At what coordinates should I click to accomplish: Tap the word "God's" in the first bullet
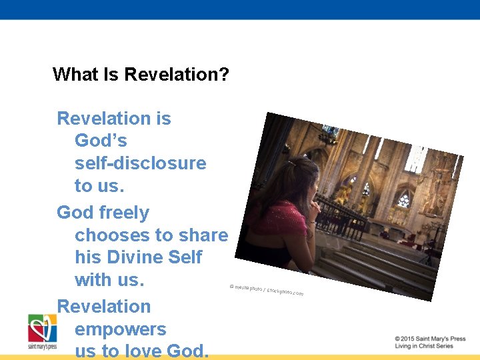point(101,141)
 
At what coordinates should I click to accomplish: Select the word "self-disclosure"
point(140,163)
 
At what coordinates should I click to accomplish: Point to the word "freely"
point(124,213)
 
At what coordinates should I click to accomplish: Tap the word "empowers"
point(120,329)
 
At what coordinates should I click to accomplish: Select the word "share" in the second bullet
point(202,235)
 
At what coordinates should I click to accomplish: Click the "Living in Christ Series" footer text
point(423,346)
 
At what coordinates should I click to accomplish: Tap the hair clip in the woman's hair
point(292,163)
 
